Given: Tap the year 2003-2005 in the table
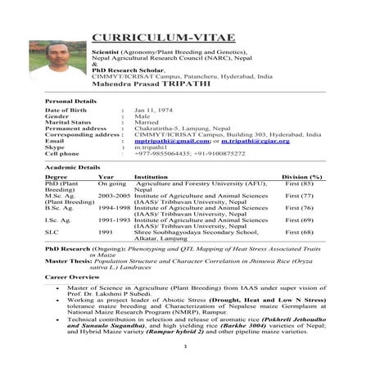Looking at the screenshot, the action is (114, 197).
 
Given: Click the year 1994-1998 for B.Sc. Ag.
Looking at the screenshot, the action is (114, 209).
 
